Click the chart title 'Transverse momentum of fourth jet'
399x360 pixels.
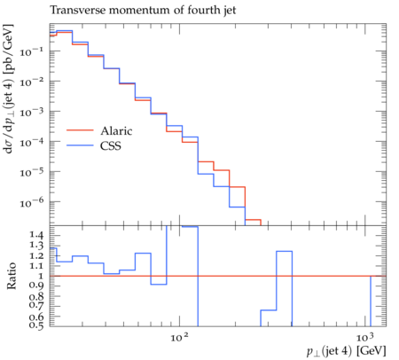click(x=143, y=11)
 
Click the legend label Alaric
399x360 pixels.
click(x=116, y=130)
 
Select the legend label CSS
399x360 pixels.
click(x=111, y=145)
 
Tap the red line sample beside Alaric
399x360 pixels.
click(x=80, y=130)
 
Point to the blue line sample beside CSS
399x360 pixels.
click(x=80, y=145)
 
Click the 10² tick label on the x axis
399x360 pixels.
click(x=179, y=337)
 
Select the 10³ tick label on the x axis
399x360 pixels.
click(x=364, y=337)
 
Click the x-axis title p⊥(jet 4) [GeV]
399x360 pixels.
click(x=347, y=351)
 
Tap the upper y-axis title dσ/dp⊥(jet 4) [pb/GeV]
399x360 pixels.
click(x=9, y=89)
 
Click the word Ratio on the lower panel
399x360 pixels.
click(x=12, y=276)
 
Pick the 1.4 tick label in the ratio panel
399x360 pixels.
click(x=36, y=235)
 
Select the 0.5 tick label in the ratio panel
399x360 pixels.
click(x=36, y=325)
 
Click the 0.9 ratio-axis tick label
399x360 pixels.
click(x=36, y=286)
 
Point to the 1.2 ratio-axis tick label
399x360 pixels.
click(x=36, y=255)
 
